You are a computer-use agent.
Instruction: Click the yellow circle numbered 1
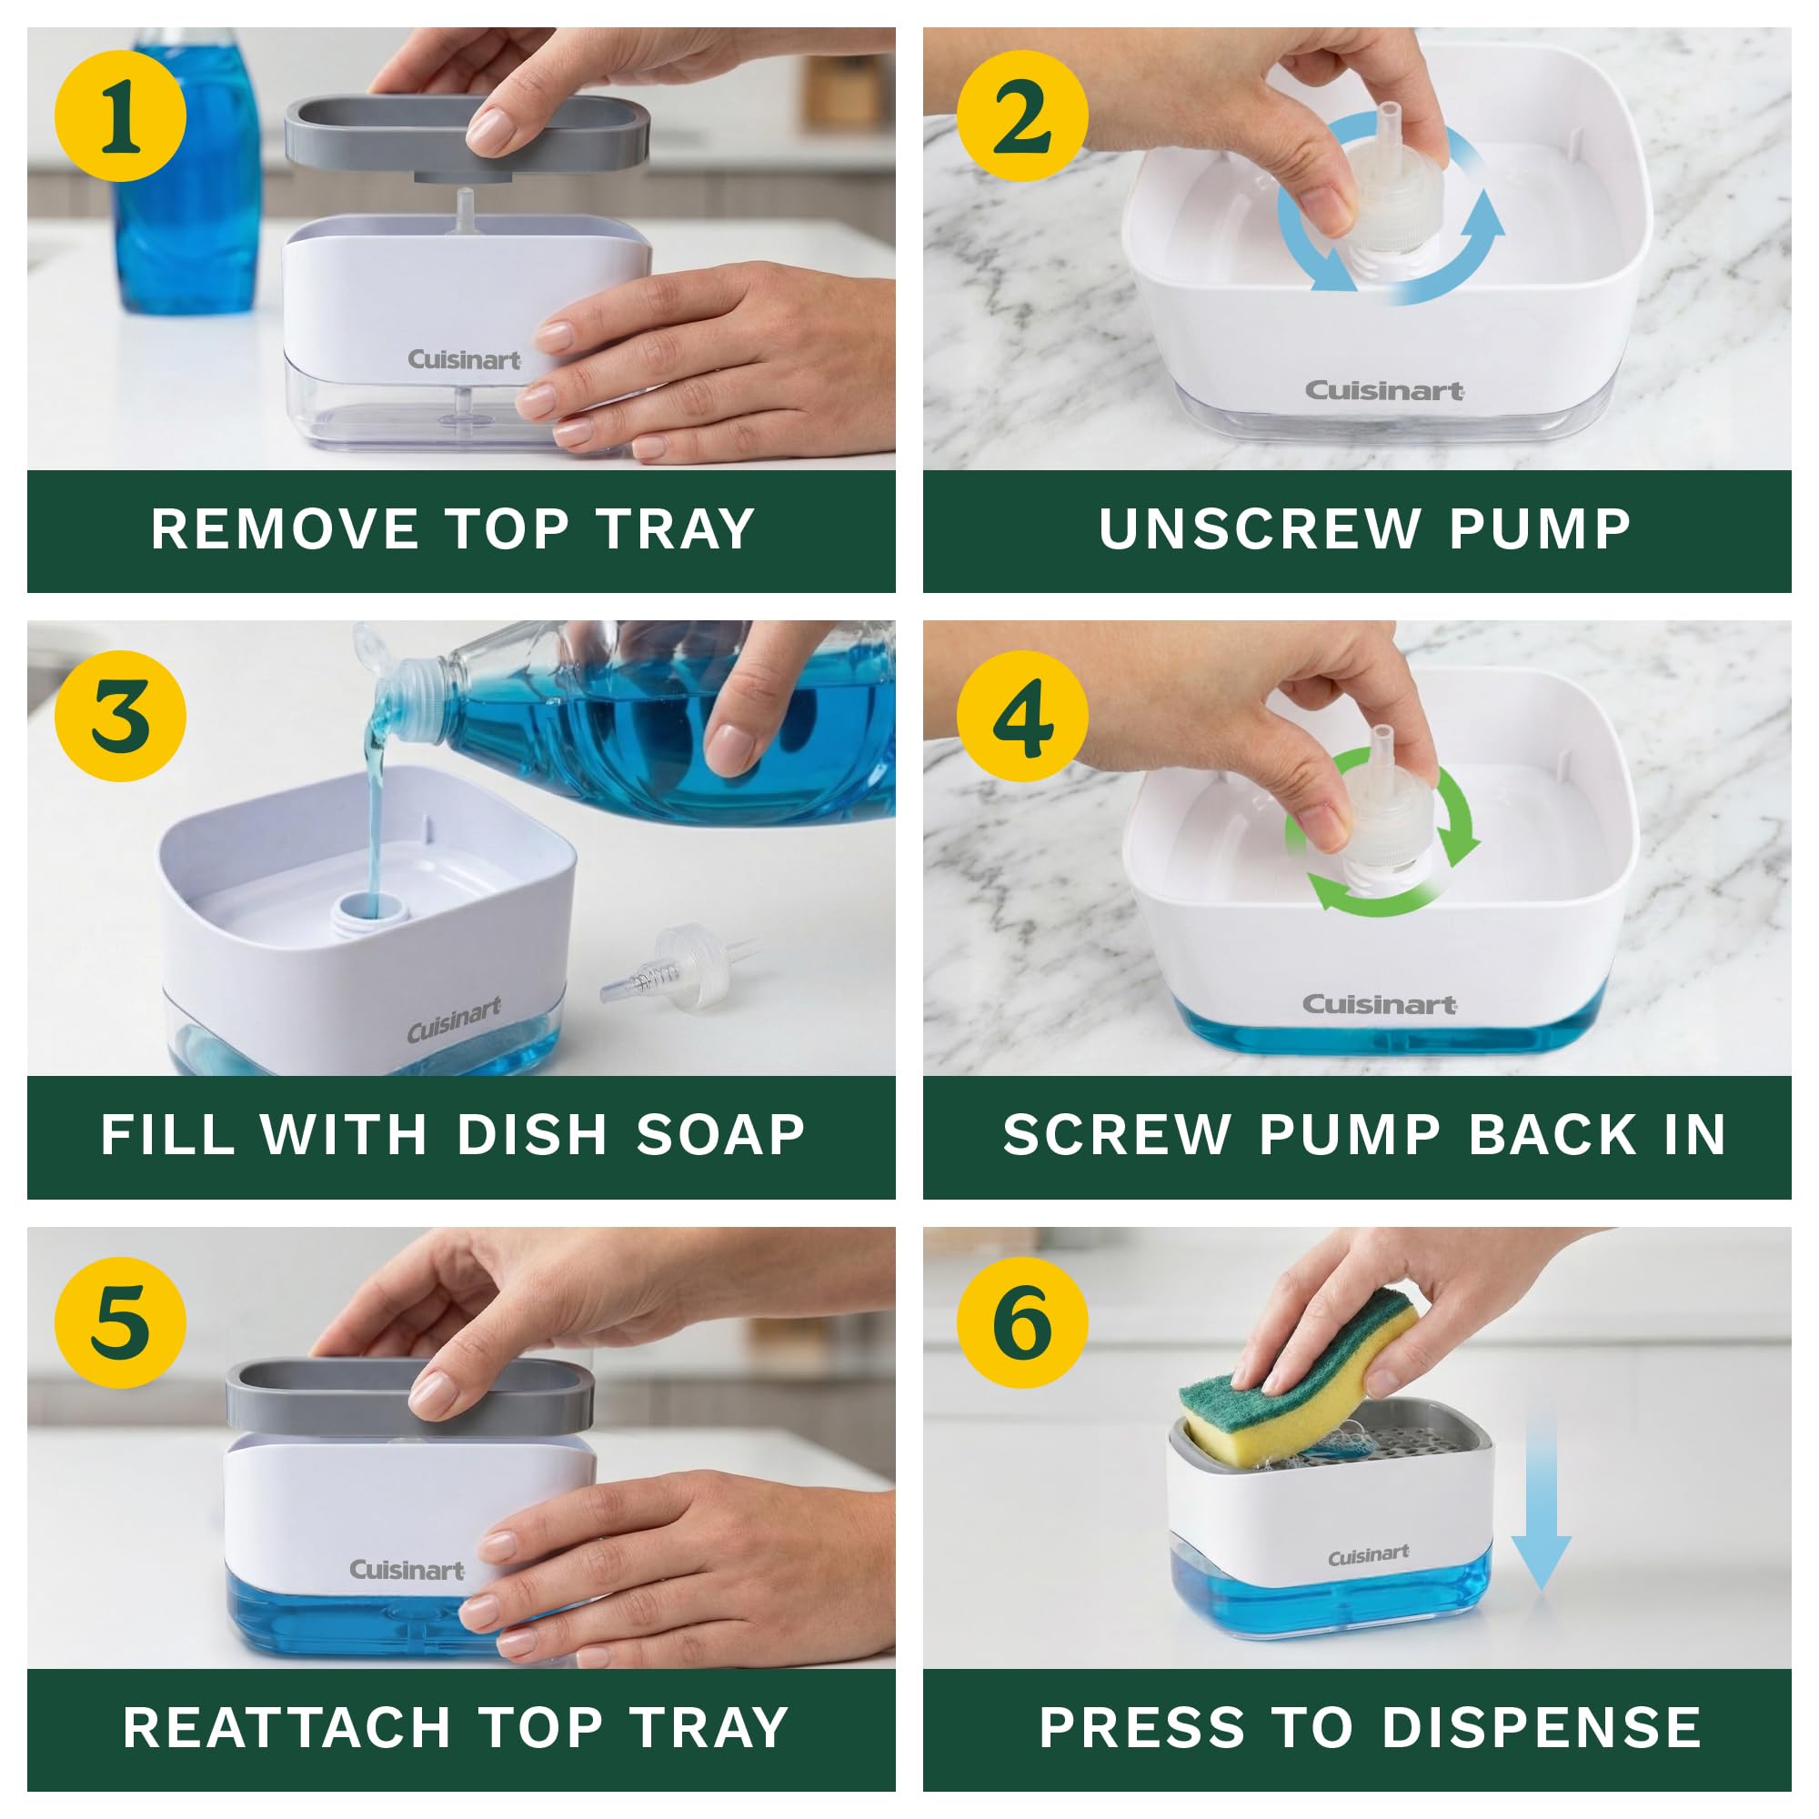tap(121, 116)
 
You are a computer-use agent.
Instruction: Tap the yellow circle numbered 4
tap(1022, 718)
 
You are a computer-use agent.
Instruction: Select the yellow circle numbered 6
tap(1022, 1322)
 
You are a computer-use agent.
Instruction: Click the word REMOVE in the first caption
tap(285, 529)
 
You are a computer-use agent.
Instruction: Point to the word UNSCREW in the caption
tap(1259, 529)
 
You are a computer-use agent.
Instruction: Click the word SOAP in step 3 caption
tap(721, 1134)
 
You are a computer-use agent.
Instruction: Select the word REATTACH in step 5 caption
tap(287, 1728)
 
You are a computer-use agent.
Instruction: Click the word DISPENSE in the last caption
tap(1542, 1728)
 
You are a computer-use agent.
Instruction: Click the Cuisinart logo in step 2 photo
tap(1383, 391)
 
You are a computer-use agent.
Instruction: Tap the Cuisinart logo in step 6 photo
tap(1368, 1555)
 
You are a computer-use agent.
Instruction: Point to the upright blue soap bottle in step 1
tap(188, 179)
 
